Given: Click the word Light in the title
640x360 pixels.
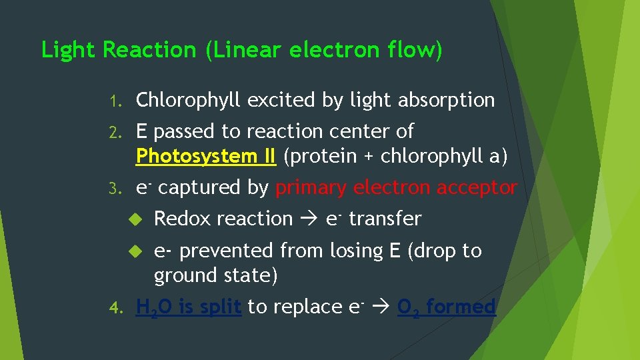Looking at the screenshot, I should [x=69, y=51].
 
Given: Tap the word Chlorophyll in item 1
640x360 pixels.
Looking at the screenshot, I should [x=189, y=101].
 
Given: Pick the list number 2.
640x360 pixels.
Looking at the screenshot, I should [x=115, y=132].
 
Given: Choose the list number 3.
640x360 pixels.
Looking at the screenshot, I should [x=115, y=189].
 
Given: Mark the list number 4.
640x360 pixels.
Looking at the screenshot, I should [x=115, y=308].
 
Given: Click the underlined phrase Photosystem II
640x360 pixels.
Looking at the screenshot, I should [x=205, y=157].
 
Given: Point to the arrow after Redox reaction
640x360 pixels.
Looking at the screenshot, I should [x=309, y=219].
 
